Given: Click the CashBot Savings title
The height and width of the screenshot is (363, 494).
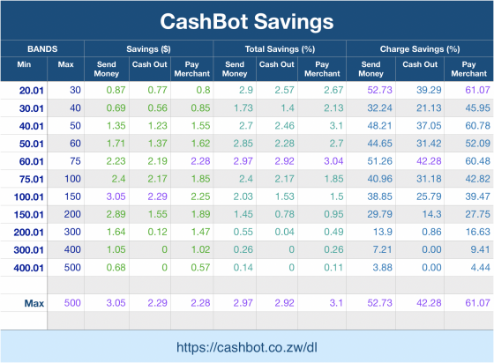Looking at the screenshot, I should point(247,19).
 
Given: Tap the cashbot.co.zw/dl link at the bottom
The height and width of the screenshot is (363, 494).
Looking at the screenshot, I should point(247,346).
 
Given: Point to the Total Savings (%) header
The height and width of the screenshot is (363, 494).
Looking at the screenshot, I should point(281,48).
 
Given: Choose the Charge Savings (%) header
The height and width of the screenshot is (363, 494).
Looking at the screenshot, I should point(419,48).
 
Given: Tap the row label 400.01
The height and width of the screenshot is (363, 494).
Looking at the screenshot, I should point(29,267).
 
